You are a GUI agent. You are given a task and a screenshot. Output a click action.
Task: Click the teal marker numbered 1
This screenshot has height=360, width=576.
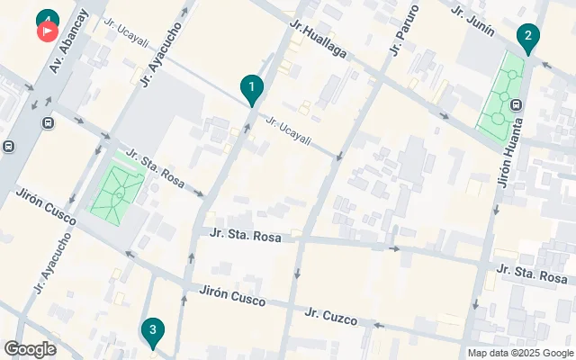click(x=252, y=87)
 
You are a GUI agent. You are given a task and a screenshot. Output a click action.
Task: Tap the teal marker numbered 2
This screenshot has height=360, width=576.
click(x=528, y=37)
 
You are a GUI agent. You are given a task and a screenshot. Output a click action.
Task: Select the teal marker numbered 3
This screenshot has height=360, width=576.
click(x=152, y=330)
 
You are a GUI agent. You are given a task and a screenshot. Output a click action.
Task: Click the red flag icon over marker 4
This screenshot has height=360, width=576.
click(x=47, y=31)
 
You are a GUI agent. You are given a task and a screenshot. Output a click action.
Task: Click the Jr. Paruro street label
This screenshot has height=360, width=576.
click(x=398, y=32)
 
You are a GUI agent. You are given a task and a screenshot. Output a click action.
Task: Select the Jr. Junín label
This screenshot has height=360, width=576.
click(x=472, y=24)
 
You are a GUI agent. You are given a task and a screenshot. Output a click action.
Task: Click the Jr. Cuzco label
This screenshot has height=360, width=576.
click(x=330, y=317)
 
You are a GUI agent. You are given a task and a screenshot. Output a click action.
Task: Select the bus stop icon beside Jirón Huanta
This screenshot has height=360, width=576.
click(x=516, y=104)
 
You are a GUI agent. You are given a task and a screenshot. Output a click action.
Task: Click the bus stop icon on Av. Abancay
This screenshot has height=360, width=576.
click(x=8, y=146)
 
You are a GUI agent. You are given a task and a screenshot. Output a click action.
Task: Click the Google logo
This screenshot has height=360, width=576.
click(x=30, y=349)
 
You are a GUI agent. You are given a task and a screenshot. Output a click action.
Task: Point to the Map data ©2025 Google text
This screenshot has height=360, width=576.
click(x=519, y=353)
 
